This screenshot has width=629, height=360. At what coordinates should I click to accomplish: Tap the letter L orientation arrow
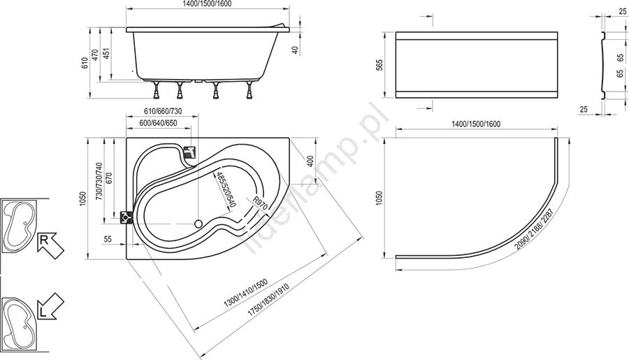click(50, 307)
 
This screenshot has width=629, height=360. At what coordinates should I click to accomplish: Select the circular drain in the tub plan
click(198, 224)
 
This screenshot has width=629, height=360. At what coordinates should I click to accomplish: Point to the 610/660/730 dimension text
click(163, 111)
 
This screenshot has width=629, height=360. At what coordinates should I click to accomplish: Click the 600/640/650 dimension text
click(159, 123)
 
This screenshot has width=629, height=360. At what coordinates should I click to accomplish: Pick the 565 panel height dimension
click(379, 65)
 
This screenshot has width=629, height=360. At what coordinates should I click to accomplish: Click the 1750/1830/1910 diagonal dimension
click(268, 301)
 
